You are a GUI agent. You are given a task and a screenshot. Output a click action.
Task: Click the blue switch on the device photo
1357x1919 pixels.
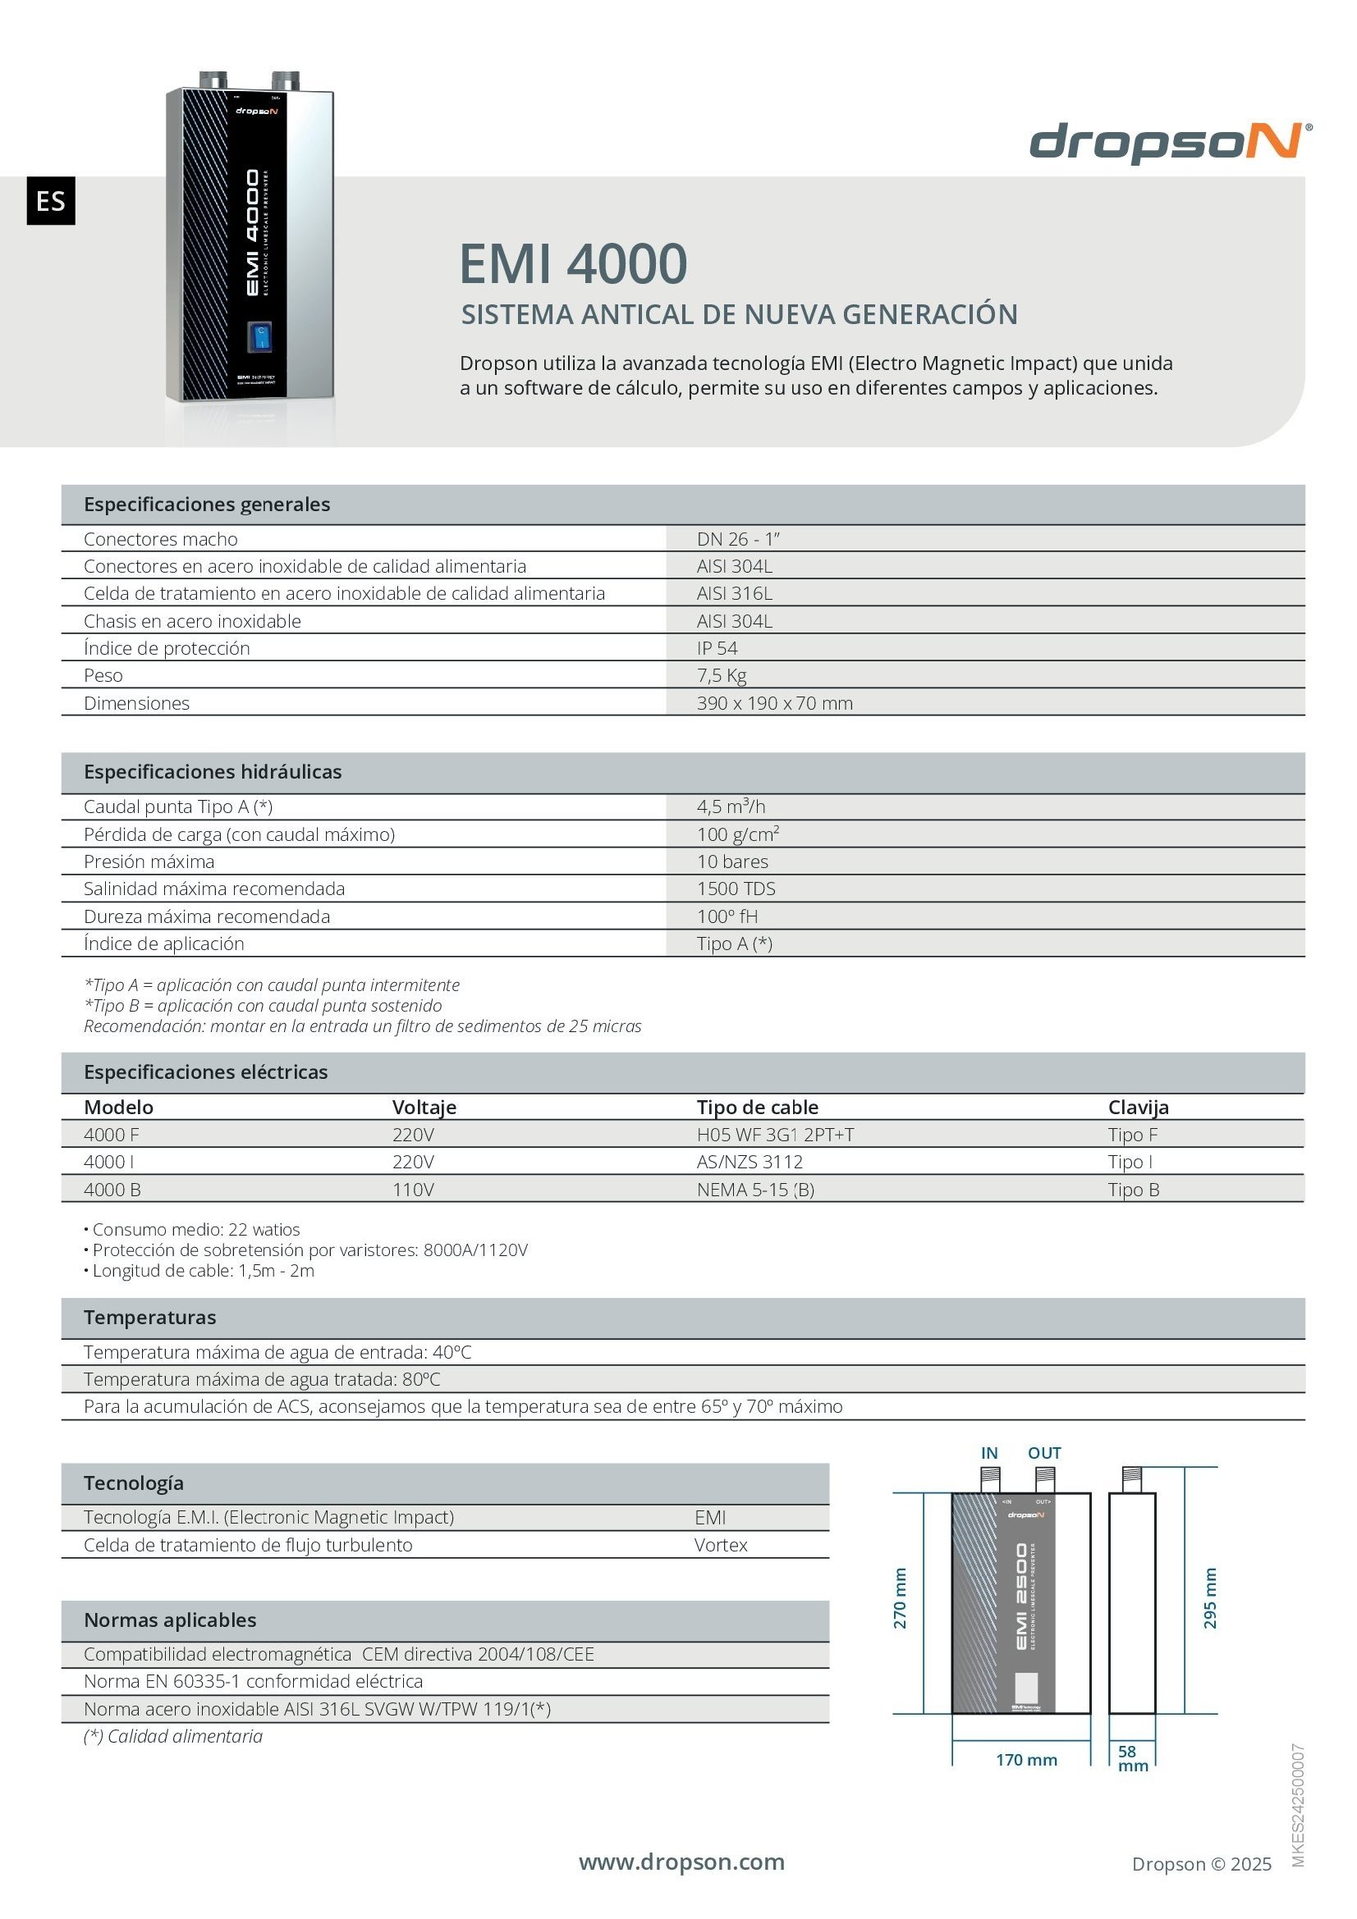click(x=260, y=338)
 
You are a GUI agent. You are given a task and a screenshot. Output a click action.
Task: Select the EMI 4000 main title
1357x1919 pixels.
click(x=573, y=263)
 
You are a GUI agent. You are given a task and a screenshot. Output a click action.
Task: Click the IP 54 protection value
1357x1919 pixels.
click(x=717, y=648)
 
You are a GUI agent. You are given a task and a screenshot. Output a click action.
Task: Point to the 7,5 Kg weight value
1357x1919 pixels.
click(x=721, y=675)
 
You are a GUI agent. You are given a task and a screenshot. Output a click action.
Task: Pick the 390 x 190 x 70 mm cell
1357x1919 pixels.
click(x=774, y=703)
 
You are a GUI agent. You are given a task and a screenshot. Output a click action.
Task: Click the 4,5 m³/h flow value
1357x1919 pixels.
click(x=731, y=806)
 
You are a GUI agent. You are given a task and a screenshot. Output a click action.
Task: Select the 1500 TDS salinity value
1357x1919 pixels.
click(x=736, y=889)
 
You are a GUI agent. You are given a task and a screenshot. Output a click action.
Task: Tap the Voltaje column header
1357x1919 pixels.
click(x=424, y=1107)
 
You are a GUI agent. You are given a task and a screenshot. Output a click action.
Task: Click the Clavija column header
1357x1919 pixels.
click(x=1138, y=1107)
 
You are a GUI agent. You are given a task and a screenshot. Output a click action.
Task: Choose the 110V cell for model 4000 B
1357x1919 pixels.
click(x=413, y=1190)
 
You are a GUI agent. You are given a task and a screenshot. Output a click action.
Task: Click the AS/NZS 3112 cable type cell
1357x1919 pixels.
click(x=750, y=1162)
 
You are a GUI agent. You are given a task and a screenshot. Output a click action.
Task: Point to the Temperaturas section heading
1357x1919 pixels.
click(x=149, y=1318)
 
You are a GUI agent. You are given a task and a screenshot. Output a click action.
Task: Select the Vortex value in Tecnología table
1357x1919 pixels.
click(x=721, y=1545)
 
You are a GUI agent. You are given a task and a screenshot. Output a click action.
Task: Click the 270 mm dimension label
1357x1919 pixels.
click(x=901, y=1598)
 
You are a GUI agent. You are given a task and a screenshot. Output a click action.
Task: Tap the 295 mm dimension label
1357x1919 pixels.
click(x=1210, y=1598)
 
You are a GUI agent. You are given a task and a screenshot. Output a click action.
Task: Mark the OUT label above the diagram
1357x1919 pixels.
click(x=1044, y=1454)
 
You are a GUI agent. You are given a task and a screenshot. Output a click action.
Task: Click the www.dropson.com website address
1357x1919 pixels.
click(x=681, y=1862)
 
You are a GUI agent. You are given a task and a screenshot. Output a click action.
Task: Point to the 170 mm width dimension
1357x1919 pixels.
click(x=1026, y=1759)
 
